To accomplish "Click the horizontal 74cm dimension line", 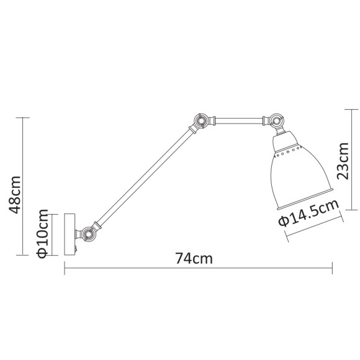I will tap(199, 268).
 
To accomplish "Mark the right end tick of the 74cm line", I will tap(333, 268).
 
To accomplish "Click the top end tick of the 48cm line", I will tap(23, 117).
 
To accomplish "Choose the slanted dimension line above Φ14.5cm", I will tap(313, 226).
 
